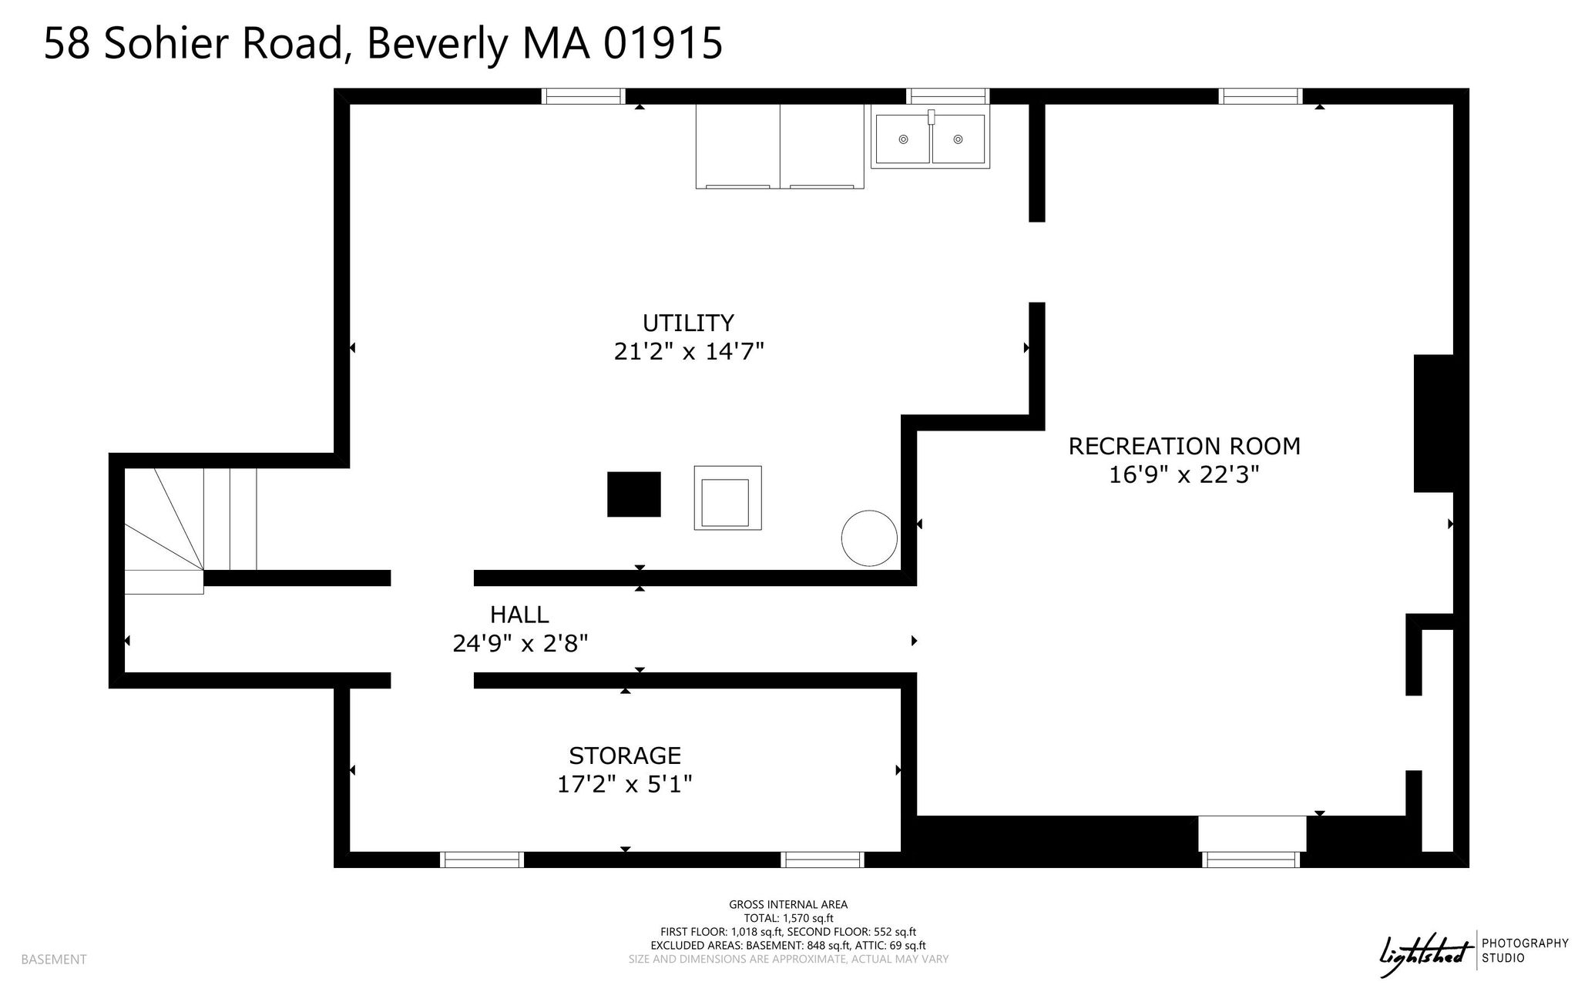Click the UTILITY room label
(688, 322)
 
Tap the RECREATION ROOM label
(1184, 446)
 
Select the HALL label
(519, 615)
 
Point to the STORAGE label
(625, 756)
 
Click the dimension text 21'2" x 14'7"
(689, 352)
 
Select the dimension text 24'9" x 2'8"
(520, 643)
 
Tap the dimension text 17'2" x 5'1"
(625, 785)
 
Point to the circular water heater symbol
(869, 538)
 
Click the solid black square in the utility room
(634, 494)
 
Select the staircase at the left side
(190, 531)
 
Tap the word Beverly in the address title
(437, 43)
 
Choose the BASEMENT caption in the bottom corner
(54, 960)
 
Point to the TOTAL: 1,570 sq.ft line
(788, 918)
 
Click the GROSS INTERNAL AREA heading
(788, 905)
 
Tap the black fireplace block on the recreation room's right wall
(1433, 423)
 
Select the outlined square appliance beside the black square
(727, 498)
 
